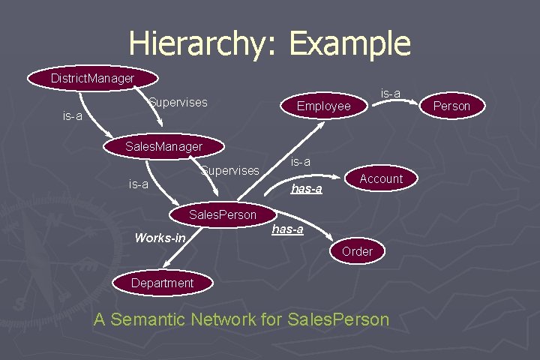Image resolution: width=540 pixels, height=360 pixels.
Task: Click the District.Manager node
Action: pos(93,78)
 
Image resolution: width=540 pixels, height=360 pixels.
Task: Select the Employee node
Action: pos(323,106)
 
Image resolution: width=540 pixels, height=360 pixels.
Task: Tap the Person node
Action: pos(451,106)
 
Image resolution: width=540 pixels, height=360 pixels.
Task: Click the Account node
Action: pos(381,178)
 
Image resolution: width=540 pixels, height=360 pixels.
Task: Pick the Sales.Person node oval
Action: pos(222,214)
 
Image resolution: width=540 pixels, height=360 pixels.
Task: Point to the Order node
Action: pos(357,251)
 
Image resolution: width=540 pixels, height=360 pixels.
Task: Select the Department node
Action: pos(162,283)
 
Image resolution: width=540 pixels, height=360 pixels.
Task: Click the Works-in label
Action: pos(159,238)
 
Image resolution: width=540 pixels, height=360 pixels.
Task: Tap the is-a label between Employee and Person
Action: pos(390,94)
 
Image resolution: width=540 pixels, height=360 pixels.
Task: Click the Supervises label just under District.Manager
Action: pos(178,102)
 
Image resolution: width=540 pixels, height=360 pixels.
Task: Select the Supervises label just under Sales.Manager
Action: pos(229,171)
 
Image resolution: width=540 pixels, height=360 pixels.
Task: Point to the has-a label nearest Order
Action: pos(287,229)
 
